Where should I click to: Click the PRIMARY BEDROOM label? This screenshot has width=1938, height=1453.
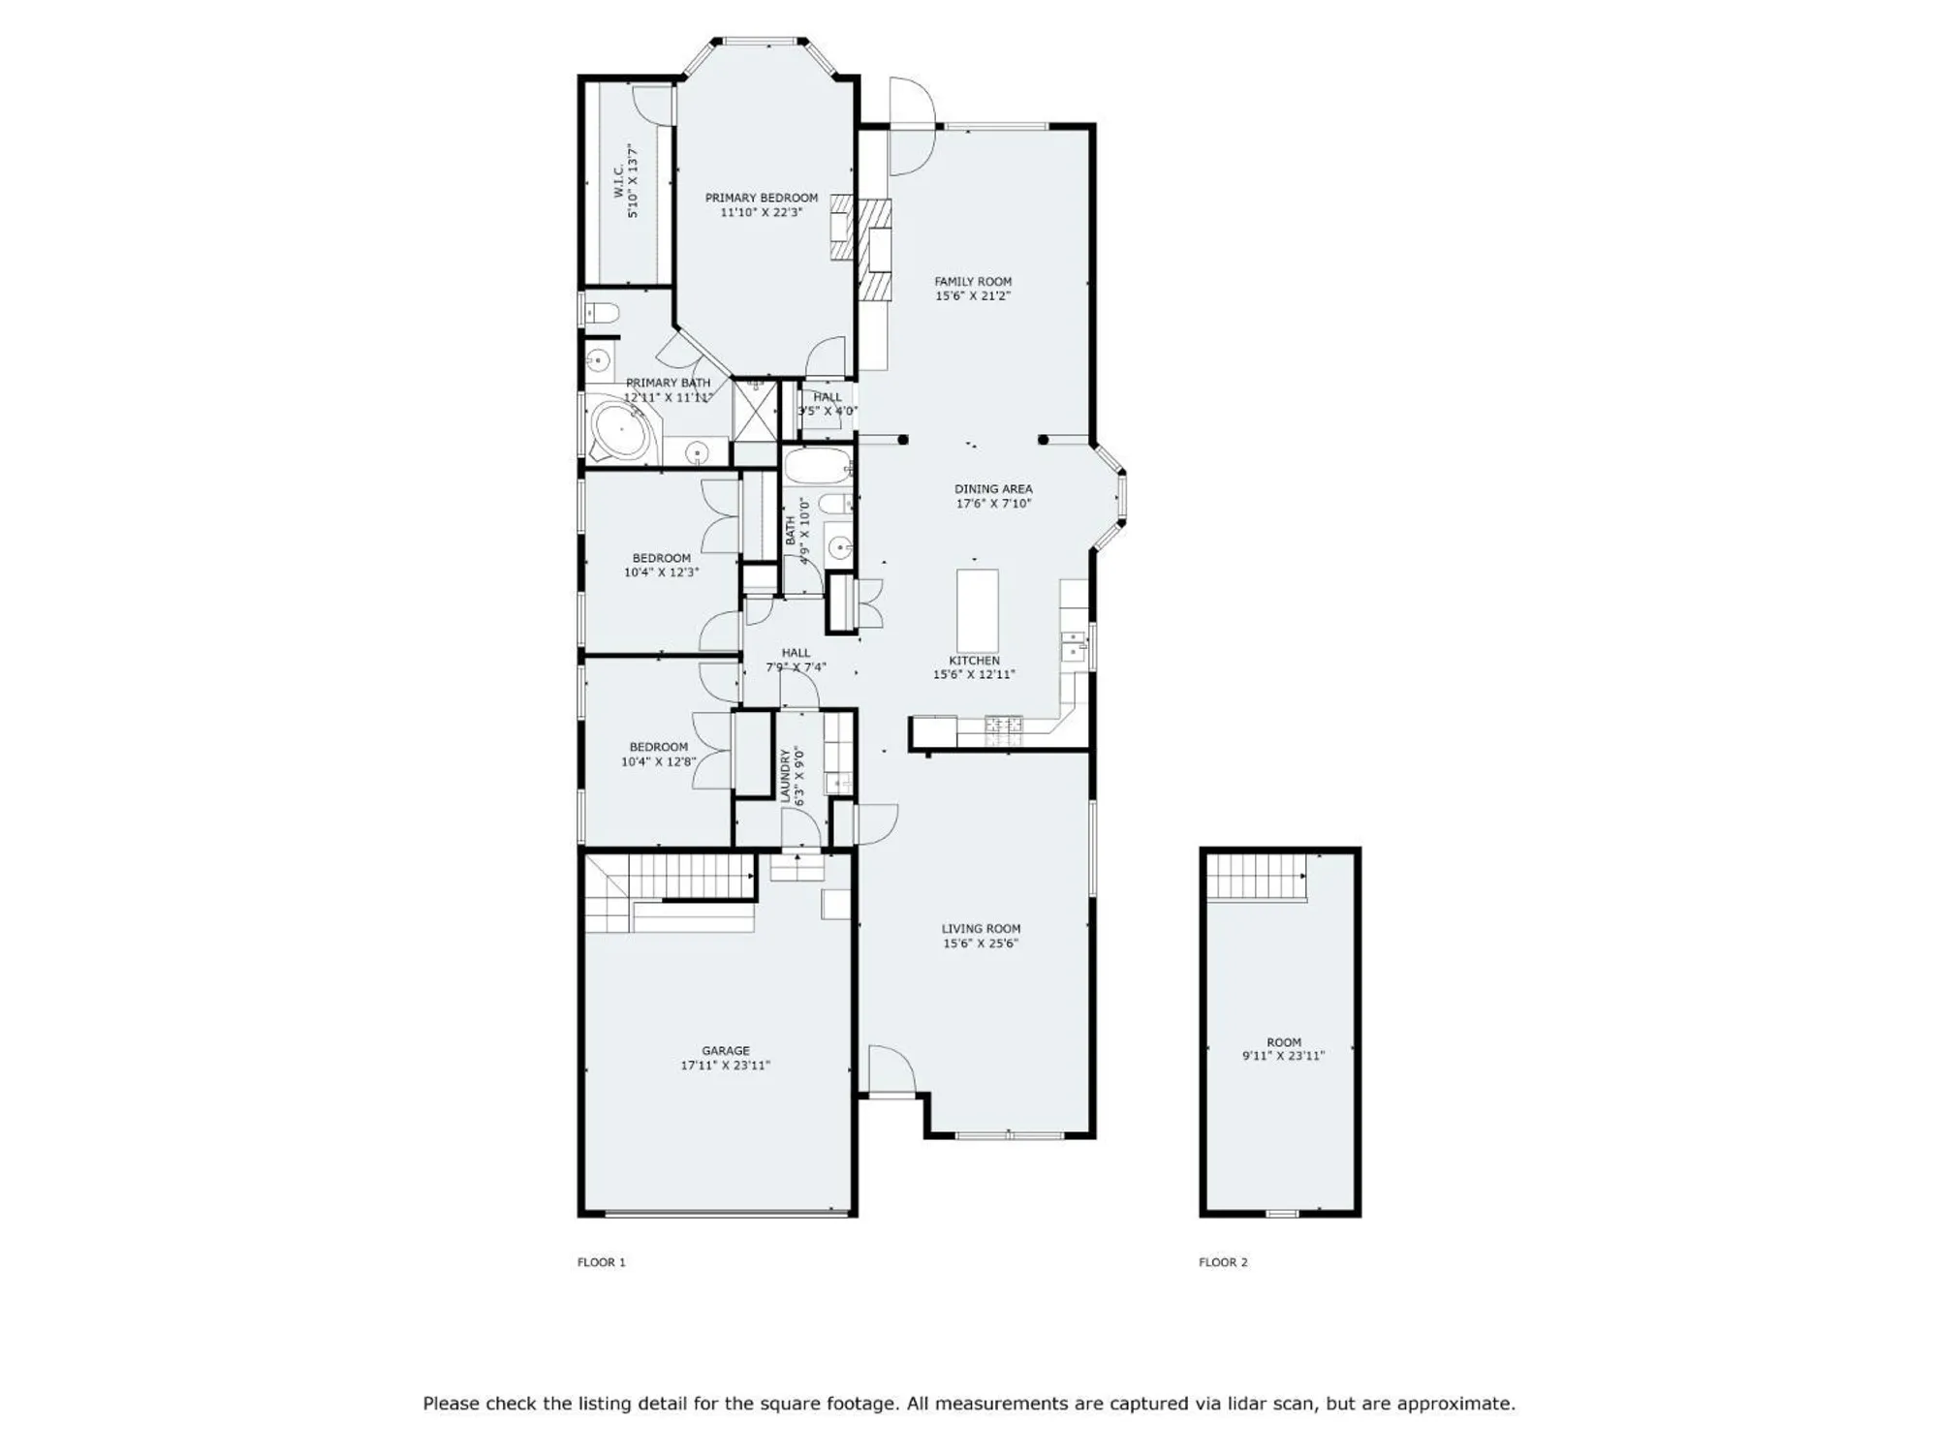pos(761,198)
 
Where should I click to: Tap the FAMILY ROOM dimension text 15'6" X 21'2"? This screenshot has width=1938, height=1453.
pos(972,296)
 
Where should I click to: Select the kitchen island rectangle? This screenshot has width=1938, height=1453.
pos(977,610)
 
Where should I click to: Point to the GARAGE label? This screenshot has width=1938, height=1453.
pos(725,1050)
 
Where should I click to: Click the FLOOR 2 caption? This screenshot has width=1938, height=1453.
pos(1223,1262)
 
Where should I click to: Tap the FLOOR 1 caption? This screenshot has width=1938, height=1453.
pos(601,1262)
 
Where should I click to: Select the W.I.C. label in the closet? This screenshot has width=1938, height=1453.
pos(618,181)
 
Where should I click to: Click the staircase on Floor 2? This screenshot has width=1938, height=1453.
pos(1256,877)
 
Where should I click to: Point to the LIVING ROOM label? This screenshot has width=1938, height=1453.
pos(981,928)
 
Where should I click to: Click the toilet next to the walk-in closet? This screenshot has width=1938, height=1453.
pos(601,312)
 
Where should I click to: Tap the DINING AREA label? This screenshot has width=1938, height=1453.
pos(992,489)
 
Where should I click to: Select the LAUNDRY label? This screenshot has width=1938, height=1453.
pos(786,775)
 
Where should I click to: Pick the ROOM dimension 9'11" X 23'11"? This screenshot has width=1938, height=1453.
pos(1283,1057)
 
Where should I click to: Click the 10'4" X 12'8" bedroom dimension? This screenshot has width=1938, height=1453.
pos(658,762)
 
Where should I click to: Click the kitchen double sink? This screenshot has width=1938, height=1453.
pos(1073,645)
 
